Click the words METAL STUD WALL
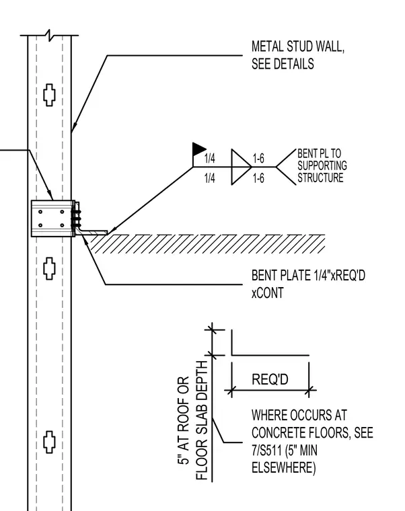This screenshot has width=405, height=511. click(298, 46)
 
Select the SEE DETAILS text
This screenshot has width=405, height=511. click(283, 64)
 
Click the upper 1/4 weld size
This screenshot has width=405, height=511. click(210, 159)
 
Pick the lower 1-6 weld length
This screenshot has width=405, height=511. click(258, 178)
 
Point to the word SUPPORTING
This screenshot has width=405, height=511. click(322, 165)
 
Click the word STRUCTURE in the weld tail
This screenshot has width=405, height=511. click(320, 178)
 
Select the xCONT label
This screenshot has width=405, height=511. click(267, 292)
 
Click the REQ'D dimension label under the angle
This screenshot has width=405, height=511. click(270, 379)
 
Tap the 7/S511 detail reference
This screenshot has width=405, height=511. click(266, 450)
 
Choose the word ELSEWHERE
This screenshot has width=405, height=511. click(283, 468)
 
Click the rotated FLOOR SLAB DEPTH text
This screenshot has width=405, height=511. click(202, 420)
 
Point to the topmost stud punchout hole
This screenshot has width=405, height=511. click(49, 95)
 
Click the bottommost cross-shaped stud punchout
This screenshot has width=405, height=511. click(49, 442)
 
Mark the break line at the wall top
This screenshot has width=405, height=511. click(49, 35)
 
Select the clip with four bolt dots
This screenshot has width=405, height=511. click(53, 219)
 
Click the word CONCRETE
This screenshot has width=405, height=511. click(278, 433)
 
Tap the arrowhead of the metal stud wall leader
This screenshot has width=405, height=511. click(73, 128)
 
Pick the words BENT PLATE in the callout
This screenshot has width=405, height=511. click(281, 276)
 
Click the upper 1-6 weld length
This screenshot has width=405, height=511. click(258, 159)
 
